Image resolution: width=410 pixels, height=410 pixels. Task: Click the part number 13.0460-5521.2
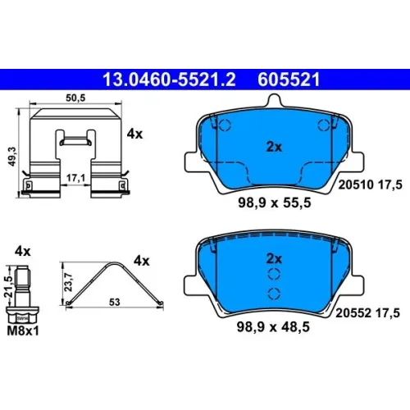(169, 80)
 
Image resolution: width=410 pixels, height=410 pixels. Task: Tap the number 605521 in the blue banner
(289, 80)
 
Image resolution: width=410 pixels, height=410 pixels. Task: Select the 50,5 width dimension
(75, 98)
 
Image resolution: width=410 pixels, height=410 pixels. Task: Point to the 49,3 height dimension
(12, 157)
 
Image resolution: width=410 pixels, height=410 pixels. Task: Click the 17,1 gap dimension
(75, 178)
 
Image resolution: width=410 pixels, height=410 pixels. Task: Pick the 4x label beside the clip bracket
(134, 134)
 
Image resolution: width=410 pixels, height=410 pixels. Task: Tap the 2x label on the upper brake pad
(274, 147)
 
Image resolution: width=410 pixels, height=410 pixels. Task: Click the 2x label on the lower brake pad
(274, 258)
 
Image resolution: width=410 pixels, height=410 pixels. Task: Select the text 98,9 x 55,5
(275, 203)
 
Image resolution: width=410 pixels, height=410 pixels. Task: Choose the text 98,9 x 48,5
(273, 326)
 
